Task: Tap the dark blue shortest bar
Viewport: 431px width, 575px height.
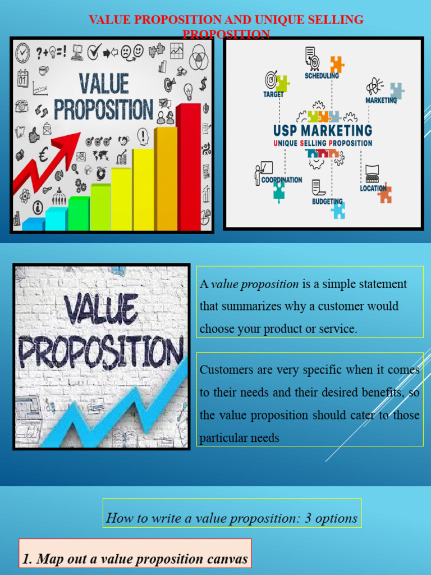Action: pos(33,225)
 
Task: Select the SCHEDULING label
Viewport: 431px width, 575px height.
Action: pos(322,76)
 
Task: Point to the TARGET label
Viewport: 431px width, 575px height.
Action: pos(273,95)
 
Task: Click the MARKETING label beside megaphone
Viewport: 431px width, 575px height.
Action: pos(381,101)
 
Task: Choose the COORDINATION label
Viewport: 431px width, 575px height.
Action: pos(282,180)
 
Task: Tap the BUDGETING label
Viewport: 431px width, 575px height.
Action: pos(327,201)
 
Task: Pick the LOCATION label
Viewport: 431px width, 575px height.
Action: pos(373,189)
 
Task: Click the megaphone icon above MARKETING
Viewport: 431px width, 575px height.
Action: pos(374,86)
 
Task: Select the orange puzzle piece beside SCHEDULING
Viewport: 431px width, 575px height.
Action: pos(337,63)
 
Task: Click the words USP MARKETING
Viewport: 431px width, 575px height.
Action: pos(323,131)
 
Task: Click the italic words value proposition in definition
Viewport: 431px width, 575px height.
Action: pos(255,284)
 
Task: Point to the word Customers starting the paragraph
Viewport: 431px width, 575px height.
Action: pos(223,370)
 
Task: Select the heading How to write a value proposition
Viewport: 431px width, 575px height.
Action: pos(232,518)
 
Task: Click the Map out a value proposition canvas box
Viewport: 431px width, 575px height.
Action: pos(135,559)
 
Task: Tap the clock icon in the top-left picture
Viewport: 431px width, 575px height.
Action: pos(23,52)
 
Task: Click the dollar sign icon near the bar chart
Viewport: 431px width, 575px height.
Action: pos(203,84)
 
